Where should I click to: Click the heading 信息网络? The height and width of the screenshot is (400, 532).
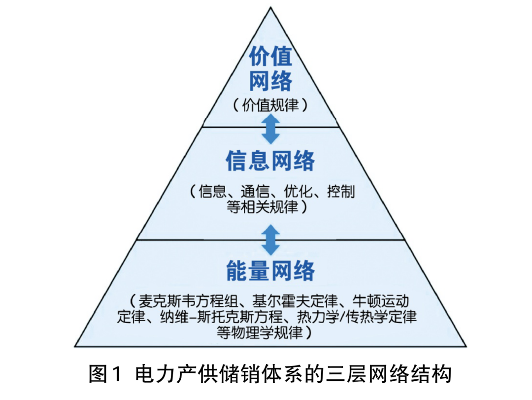[270, 161]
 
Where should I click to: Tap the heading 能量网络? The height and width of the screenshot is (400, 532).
[270, 270]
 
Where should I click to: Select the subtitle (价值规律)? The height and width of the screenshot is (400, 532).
[270, 104]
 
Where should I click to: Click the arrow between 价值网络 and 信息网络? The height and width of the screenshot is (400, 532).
[270, 127]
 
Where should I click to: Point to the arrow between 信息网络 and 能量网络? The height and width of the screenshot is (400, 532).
[270, 240]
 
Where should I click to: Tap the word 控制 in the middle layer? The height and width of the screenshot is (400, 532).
[340, 191]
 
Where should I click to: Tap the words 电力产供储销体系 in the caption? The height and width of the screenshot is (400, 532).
[219, 374]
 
